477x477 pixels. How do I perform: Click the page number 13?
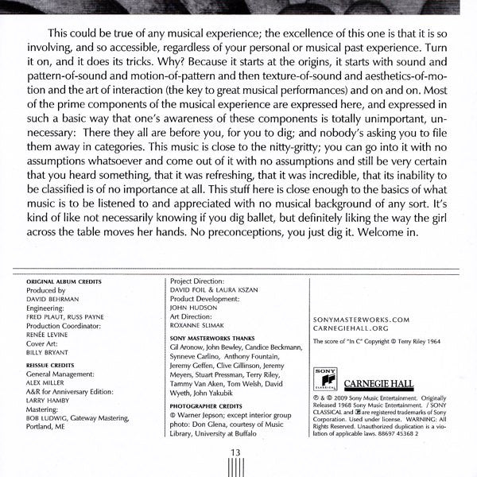tap(235, 452)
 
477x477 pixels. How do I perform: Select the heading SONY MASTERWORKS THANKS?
tap(214, 338)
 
